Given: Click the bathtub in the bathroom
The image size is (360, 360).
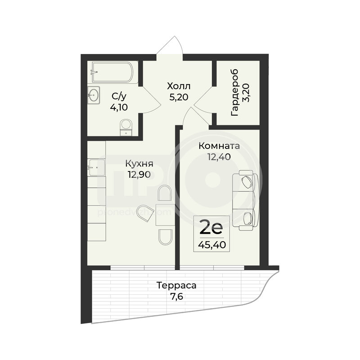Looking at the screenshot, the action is tap(112, 72).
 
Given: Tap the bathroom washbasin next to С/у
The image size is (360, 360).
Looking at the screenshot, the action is tap(94, 95).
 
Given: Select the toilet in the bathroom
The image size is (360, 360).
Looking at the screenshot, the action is tap(126, 127).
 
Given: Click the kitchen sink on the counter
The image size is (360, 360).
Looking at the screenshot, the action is tap(96, 167).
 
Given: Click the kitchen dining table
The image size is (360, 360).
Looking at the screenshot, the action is tap(164, 215).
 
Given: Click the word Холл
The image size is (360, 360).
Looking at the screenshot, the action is tap(179, 86).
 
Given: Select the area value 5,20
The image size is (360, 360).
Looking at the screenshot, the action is tap(179, 97).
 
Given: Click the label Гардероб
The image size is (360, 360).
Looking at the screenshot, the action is tap(235, 93).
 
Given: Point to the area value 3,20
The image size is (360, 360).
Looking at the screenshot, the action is tap(246, 93).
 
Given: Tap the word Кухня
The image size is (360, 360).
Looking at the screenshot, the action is tap(139, 164).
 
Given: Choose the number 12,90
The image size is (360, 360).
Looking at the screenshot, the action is tap(139, 175).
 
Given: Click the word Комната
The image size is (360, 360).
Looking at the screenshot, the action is tap(219, 146).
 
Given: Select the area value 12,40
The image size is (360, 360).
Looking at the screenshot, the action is tap(219, 157).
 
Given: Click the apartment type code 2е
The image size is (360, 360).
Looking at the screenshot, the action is tap(211, 227).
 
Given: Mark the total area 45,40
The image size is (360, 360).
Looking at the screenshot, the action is tap(212, 245).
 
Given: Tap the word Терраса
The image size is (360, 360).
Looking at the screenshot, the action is tap(176, 286).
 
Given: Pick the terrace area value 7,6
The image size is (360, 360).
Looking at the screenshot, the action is tap(176, 297).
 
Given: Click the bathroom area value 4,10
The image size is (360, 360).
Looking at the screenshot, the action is tap(119, 107).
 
